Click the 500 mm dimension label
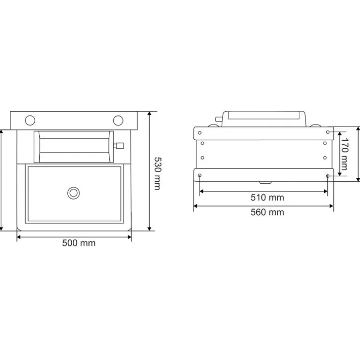coord(79,243)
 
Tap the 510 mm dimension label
coord(267,197)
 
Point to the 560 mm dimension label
coord(267,212)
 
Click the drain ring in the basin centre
coord(73,192)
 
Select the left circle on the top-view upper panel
coord(30,120)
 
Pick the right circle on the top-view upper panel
coord(118,120)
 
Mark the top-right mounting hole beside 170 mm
coord(329,132)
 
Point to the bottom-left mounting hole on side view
coord(200,176)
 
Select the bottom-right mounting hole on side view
coord(328,176)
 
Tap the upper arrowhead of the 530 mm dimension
coord(149,114)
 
